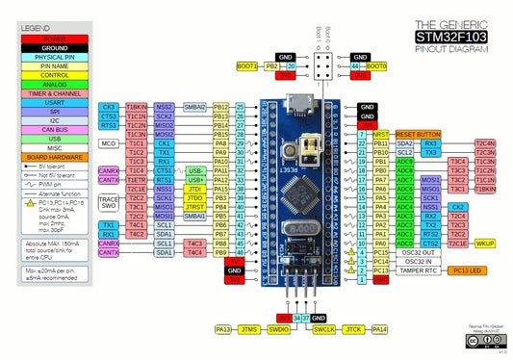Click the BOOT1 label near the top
247,66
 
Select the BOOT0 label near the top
376,66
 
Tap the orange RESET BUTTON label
418,134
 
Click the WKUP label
484,244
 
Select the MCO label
109,143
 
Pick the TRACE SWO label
108,201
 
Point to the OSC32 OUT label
420,252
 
